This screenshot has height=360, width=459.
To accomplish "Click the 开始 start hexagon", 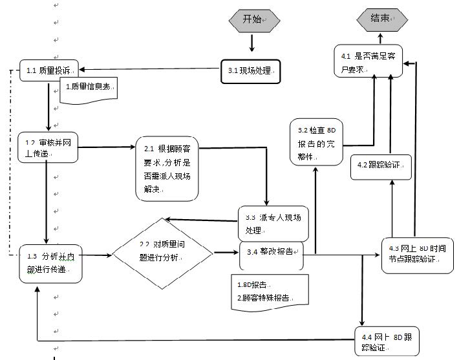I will pyautogui.click(x=252, y=19).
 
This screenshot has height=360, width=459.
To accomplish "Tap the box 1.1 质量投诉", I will pyautogui.click(x=48, y=69).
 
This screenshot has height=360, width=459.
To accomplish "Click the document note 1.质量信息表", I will pyautogui.click(x=89, y=88).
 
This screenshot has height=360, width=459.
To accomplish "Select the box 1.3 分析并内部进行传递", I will pyautogui.click(x=50, y=262).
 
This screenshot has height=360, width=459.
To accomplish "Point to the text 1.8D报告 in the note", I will pyautogui.click(x=253, y=284).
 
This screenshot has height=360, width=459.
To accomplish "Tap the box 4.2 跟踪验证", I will pyautogui.click(x=381, y=165).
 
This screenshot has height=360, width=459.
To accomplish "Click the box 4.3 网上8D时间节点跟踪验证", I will pyautogui.click(x=413, y=253).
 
